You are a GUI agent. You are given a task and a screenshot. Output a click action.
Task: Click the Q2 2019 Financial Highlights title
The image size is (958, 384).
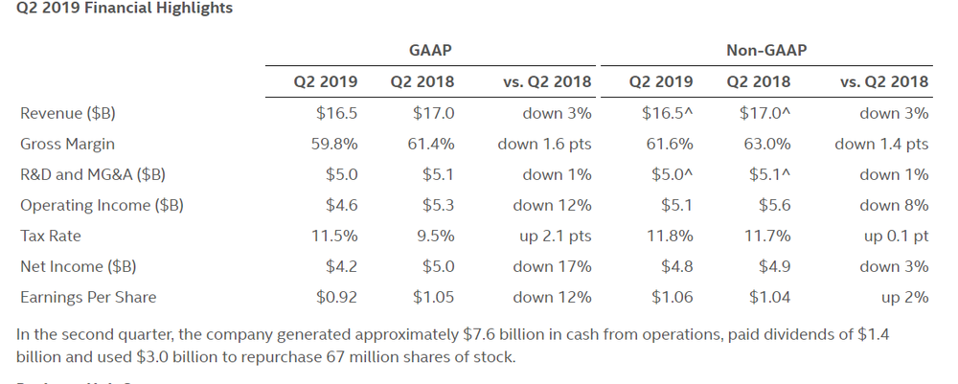125,9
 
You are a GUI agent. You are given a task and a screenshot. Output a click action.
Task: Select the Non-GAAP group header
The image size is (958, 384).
766,50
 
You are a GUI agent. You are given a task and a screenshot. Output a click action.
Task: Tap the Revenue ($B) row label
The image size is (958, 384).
68,113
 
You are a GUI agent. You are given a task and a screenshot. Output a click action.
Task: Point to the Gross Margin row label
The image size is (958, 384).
67,144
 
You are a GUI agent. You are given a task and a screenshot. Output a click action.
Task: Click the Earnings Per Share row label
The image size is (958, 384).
88,297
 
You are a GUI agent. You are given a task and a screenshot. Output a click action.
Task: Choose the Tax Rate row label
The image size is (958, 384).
51,236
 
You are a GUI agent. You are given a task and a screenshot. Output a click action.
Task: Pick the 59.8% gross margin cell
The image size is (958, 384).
336,144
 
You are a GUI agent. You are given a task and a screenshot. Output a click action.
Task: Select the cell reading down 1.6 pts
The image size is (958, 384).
544,144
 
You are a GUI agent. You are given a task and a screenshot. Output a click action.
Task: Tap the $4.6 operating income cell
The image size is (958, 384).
341,205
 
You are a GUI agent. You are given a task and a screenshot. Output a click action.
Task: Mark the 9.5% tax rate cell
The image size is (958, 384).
435,236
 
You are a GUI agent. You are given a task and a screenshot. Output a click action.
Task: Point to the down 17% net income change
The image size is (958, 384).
552,266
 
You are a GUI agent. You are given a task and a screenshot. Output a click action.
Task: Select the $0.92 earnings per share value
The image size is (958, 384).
336,297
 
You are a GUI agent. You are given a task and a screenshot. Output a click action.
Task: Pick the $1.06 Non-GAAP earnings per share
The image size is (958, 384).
672,297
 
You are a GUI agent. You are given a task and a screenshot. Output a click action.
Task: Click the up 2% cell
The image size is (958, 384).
905,297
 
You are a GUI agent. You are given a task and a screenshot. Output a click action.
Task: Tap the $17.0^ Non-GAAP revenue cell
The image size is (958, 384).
765,113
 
